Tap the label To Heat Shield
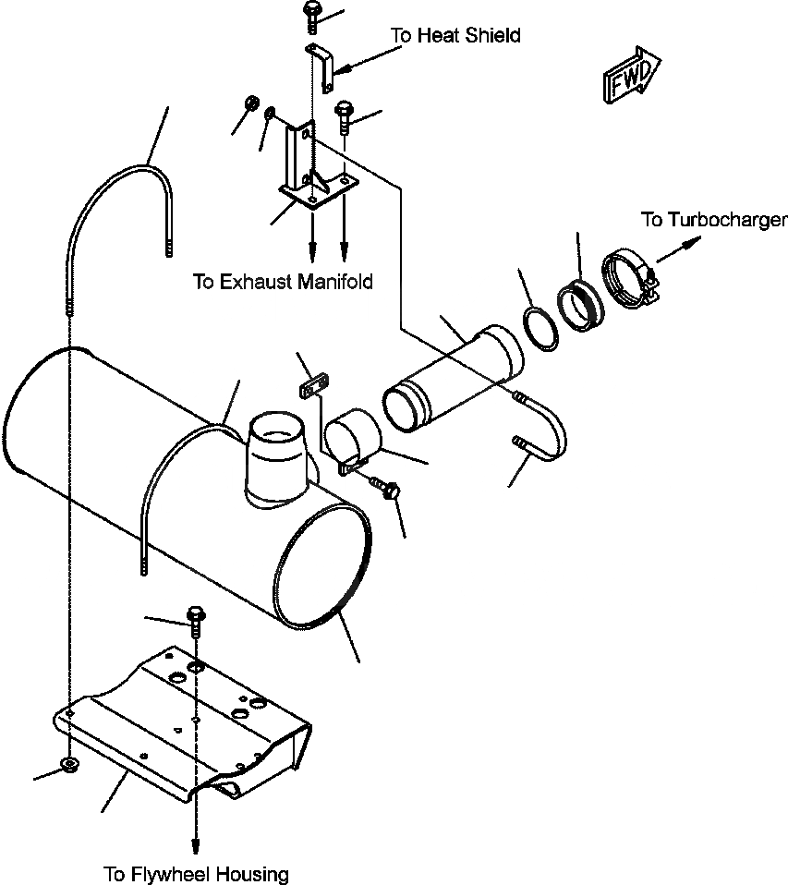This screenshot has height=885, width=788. (x=455, y=36)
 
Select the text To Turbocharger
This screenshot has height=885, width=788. (x=714, y=220)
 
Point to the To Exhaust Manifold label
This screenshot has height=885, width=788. (x=283, y=282)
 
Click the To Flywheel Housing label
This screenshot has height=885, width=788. (x=196, y=873)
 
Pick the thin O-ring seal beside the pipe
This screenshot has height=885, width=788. (x=540, y=328)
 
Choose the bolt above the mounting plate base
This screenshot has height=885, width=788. (x=344, y=115)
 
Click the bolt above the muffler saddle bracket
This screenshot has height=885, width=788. (x=196, y=618)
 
